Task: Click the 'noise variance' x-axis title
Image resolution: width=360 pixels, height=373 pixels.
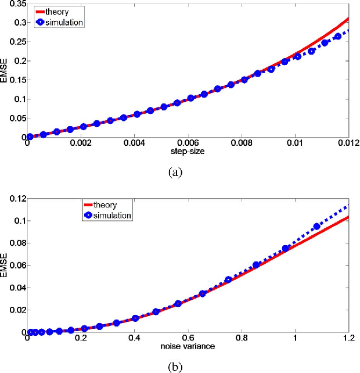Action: coord(188,347)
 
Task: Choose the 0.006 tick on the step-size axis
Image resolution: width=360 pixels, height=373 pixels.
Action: coord(188,144)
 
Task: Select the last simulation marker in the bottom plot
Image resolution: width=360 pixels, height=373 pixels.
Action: coord(317,227)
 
